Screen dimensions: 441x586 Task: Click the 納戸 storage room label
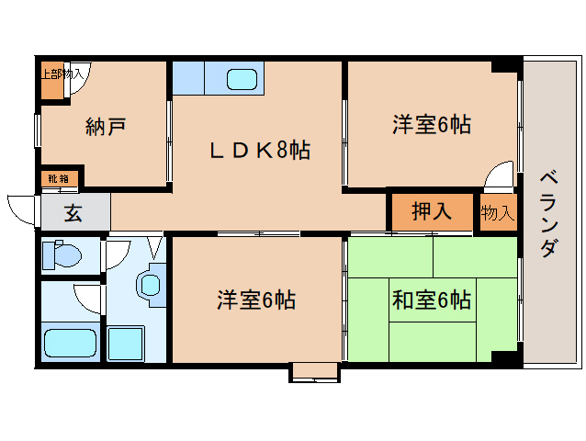[106, 126]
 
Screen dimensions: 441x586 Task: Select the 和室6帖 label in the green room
[432, 300]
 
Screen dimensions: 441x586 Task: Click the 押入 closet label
[431, 212]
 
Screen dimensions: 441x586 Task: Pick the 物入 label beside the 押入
[497, 213]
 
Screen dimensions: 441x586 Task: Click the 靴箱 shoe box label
[59, 177]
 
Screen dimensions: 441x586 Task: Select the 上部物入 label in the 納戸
[61, 73]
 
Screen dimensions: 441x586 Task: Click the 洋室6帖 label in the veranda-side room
[432, 125]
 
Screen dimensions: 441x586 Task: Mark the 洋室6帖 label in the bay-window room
[256, 300]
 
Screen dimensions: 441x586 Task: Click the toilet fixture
[62, 254]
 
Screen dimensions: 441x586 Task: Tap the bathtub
[71, 342]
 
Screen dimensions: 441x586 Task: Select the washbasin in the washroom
[151, 284]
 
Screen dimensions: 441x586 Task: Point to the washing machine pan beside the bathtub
[131, 343]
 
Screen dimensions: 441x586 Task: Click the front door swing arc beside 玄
[20, 206]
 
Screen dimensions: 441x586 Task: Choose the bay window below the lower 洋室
[314, 372]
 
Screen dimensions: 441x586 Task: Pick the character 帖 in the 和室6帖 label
[461, 300]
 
